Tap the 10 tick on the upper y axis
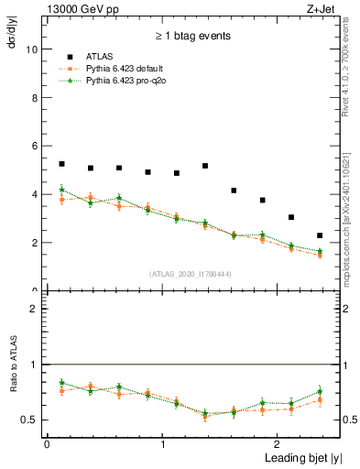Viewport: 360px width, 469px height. click(x=33, y=49)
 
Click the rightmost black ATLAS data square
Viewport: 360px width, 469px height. click(x=320, y=235)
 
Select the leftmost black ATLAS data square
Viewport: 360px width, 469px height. click(x=61, y=164)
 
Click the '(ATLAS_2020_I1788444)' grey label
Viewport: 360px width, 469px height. click(x=189, y=274)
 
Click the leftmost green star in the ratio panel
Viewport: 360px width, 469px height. click(x=61, y=382)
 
